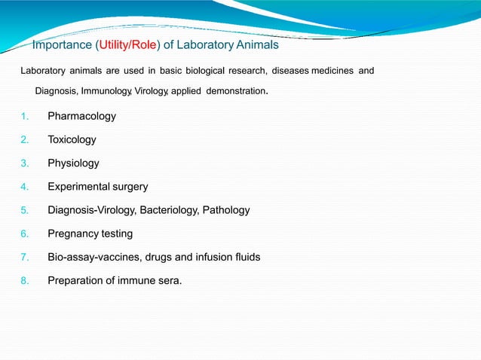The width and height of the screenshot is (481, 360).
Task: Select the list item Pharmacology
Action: click(x=81, y=117)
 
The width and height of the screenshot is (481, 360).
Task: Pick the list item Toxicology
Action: click(x=72, y=140)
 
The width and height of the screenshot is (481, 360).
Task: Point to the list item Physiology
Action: click(x=73, y=163)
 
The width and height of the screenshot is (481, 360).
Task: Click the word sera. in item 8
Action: click(x=169, y=280)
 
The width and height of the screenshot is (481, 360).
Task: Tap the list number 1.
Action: click(x=25, y=117)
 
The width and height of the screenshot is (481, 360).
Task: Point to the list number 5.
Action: click(x=25, y=210)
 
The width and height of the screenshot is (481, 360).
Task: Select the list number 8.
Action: click(x=25, y=280)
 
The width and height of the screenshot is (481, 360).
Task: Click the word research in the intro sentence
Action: click(x=243, y=72)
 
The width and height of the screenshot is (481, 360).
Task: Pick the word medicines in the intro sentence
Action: click(x=328, y=72)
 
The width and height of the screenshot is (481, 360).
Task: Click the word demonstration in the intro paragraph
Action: click(x=235, y=92)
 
